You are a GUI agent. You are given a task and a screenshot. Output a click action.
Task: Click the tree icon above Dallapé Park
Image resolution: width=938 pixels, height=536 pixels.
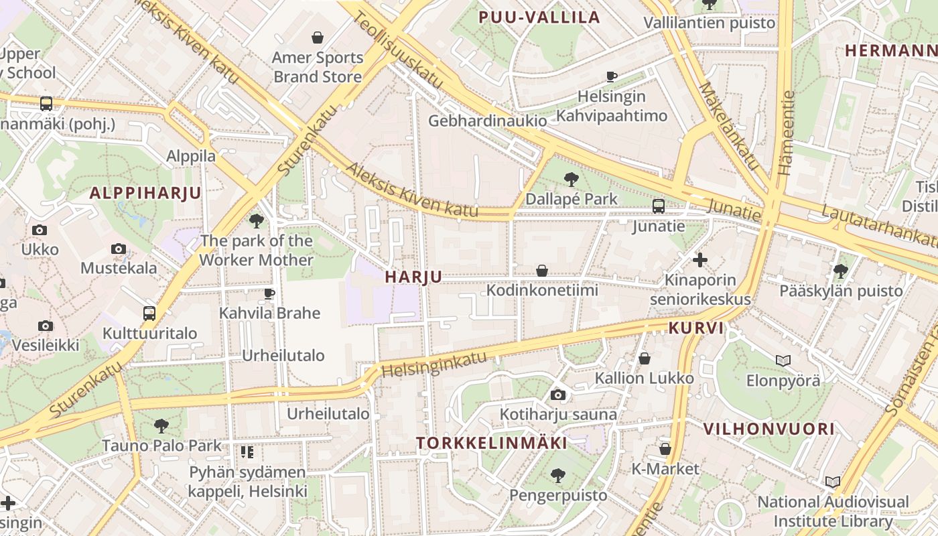click(x=572, y=179)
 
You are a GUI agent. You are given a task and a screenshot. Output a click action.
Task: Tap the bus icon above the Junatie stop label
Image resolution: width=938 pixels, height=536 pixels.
click(x=659, y=206)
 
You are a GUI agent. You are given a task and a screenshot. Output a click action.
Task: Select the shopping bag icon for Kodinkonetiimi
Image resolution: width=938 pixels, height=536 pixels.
click(x=542, y=271)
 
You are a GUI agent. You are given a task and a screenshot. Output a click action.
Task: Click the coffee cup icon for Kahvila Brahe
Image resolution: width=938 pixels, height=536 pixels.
click(x=269, y=293)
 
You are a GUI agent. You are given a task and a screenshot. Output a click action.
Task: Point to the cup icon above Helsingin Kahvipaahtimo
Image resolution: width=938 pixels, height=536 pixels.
click(x=611, y=76)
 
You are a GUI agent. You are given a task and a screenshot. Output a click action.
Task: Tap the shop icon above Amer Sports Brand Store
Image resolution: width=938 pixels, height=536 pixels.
click(x=318, y=38)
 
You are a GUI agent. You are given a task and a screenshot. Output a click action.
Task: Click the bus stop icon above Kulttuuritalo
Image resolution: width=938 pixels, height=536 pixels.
click(x=149, y=313)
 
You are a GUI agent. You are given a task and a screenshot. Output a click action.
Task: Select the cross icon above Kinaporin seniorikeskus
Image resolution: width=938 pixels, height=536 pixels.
click(x=700, y=260)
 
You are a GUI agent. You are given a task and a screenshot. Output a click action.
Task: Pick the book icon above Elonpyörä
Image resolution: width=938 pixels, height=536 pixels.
click(x=783, y=360)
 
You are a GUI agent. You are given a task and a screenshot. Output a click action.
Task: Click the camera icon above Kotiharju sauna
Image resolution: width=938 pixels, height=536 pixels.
click(x=557, y=395)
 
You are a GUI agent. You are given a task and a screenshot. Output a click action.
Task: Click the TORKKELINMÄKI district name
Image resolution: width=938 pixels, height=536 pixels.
click(x=491, y=444)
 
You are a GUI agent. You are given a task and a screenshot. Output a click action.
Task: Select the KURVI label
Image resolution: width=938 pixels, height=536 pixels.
click(x=696, y=328)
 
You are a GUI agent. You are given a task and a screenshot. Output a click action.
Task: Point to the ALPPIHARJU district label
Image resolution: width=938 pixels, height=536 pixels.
click(x=145, y=194)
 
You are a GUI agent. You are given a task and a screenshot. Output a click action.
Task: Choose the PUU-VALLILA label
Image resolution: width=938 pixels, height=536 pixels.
click(x=539, y=18)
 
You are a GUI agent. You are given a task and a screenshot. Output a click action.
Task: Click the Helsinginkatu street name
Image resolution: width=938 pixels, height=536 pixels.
click(x=433, y=364)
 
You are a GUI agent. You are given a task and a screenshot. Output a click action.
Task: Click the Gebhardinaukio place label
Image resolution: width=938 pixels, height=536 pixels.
click(x=487, y=121)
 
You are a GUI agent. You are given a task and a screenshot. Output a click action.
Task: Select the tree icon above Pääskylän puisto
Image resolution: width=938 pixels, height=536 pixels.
click(x=840, y=271)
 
